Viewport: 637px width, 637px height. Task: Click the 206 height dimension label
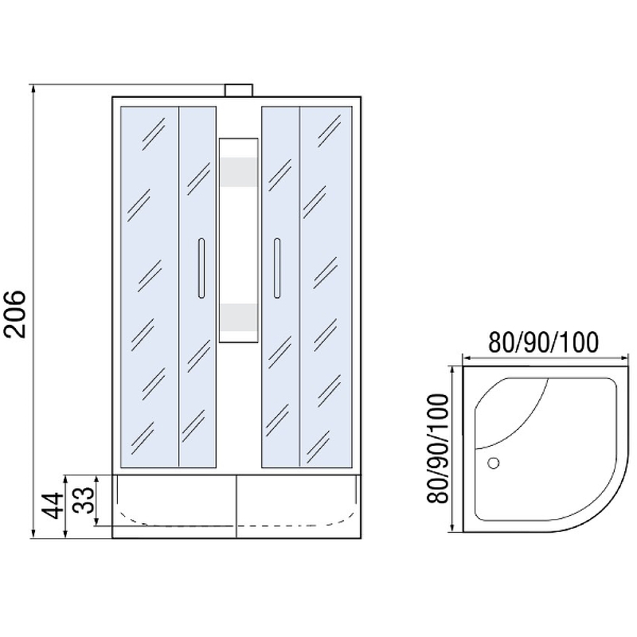coord(15,314)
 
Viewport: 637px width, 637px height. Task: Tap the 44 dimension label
coord(53,506)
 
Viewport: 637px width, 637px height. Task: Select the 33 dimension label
coord(84,500)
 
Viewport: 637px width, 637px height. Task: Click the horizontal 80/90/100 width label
coord(543,342)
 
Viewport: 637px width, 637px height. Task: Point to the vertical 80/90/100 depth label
coord(438,448)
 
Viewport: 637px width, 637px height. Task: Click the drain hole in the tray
coord(493,463)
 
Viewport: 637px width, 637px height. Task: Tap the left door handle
coord(201,268)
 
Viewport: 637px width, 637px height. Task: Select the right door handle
coord(277,268)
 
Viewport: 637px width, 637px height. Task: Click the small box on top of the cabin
coord(239,90)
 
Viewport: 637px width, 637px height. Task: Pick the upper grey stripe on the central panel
coord(238,172)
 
